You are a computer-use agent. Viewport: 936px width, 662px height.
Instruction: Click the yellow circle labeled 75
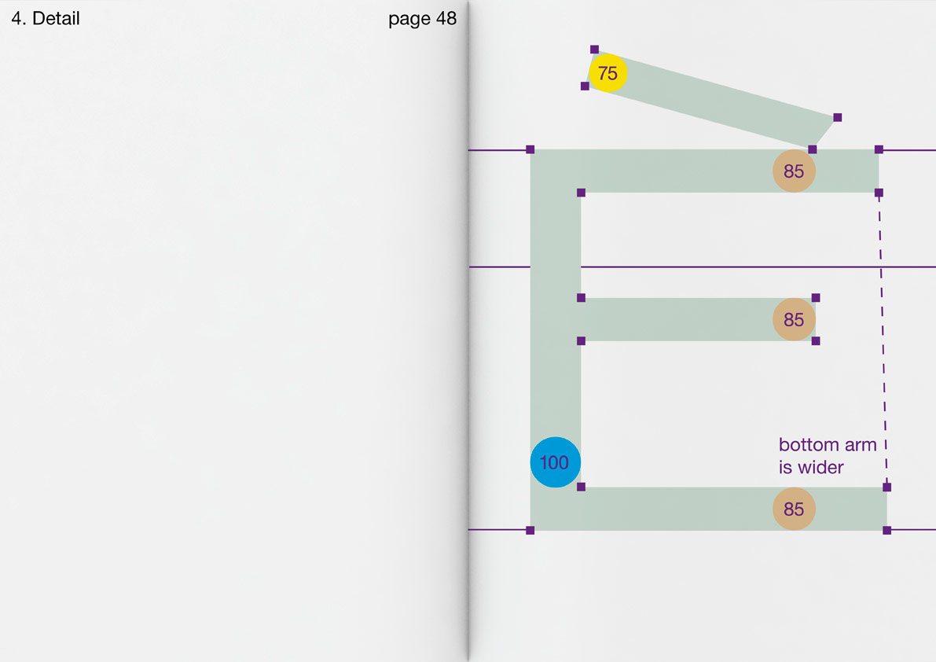click(607, 73)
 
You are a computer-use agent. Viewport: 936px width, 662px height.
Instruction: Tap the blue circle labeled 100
click(555, 462)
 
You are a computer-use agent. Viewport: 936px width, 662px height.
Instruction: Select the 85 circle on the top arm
click(794, 171)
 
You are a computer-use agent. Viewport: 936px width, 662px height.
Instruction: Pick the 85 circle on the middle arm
click(794, 319)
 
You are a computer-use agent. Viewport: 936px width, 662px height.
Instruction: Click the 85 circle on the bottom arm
click(794, 509)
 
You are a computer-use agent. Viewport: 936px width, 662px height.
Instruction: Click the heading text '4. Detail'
click(46, 19)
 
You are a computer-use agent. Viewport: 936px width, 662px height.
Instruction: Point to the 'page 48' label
click(422, 19)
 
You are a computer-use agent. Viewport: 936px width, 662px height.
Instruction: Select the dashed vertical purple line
click(883, 338)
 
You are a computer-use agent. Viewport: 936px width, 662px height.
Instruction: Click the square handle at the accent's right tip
click(837, 117)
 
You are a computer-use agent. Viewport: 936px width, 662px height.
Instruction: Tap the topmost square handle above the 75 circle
click(594, 50)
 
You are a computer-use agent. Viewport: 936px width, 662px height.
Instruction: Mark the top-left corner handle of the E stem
click(530, 149)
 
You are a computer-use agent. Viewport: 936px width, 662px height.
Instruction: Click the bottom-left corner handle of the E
click(530, 531)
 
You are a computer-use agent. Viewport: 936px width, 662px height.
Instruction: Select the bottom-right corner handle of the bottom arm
click(886, 531)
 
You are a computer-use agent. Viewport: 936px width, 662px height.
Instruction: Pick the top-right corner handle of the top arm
click(879, 149)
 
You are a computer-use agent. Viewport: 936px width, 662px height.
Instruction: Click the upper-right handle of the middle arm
click(816, 298)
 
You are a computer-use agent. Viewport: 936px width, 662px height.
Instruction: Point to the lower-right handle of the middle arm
click(816, 341)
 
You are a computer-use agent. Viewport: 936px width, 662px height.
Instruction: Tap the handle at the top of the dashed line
click(879, 193)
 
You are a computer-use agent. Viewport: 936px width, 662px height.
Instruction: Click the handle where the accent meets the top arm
click(812, 149)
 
